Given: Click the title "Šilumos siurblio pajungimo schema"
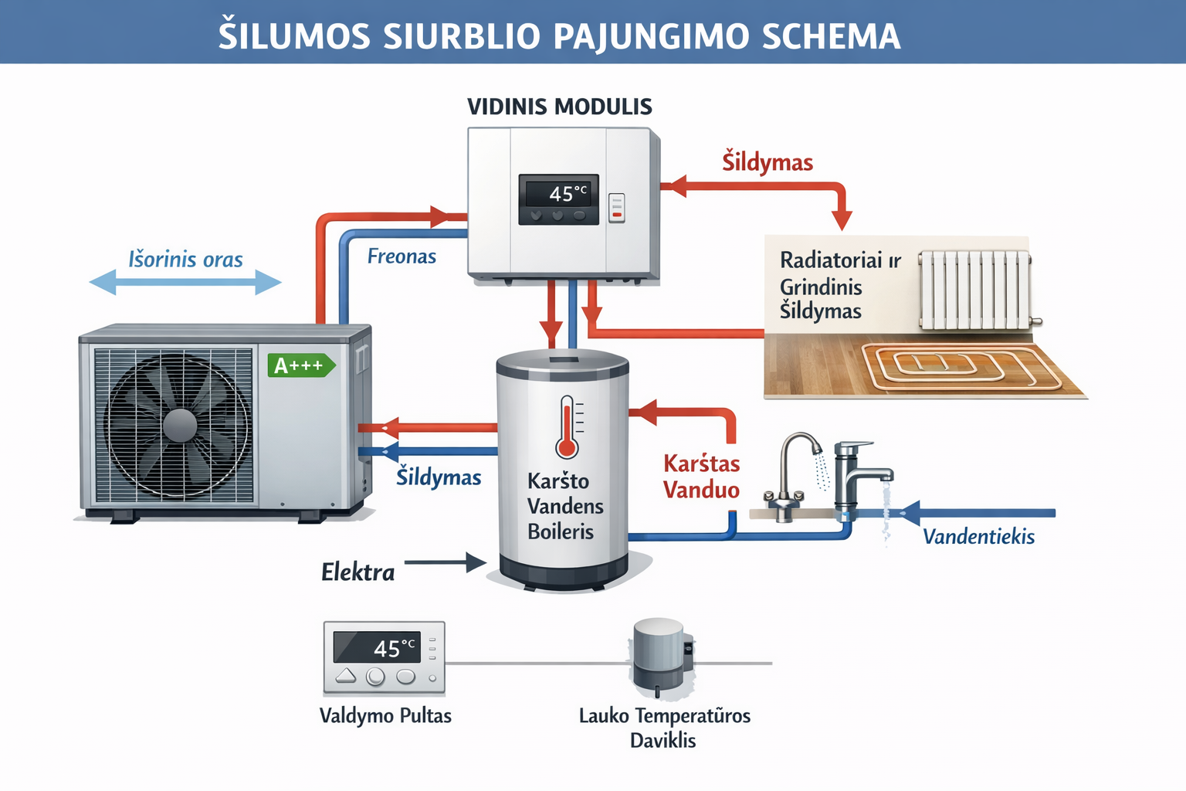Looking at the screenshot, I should tap(559, 36).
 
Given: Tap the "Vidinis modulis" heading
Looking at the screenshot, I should tap(560, 107).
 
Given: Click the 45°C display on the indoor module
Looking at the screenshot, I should tap(559, 193).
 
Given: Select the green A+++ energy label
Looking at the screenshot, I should tap(300, 365).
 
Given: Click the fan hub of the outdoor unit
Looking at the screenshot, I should tap(180, 425).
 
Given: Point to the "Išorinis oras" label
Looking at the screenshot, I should tap(185, 260).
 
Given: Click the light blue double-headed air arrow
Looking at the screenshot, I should tap(185, 283).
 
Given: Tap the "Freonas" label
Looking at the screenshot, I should tap(402, 256).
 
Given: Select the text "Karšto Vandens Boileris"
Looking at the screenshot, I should tap(564, 506).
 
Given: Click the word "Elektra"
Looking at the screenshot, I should tap(357, 572).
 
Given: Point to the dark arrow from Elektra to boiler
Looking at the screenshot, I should tap(445, 562).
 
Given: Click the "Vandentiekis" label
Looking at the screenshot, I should tap(978, 537).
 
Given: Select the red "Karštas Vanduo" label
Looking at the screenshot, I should tap(701, 477).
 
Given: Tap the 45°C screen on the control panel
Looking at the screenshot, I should tap(377, 647).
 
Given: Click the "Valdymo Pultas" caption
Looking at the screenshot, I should tap(385, 716).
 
